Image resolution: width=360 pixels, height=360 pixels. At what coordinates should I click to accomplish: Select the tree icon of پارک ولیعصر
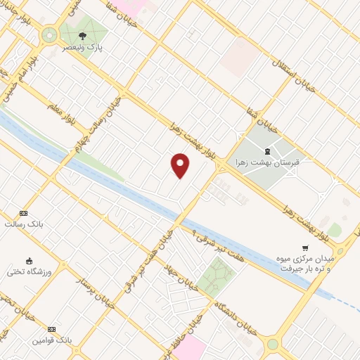[84, 36]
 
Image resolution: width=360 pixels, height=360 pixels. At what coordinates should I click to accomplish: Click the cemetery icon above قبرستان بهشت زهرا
[267, 150]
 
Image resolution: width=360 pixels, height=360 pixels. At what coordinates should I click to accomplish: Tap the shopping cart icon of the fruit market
[304, 247]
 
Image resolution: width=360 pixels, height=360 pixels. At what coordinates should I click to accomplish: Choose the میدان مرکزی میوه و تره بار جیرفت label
[310, 264]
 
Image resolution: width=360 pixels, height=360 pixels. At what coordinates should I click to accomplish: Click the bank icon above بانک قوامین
[51, 329]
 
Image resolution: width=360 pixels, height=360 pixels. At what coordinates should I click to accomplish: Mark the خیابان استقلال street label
[295, 73]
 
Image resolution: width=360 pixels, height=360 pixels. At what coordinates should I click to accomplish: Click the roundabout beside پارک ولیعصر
[50, 34]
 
